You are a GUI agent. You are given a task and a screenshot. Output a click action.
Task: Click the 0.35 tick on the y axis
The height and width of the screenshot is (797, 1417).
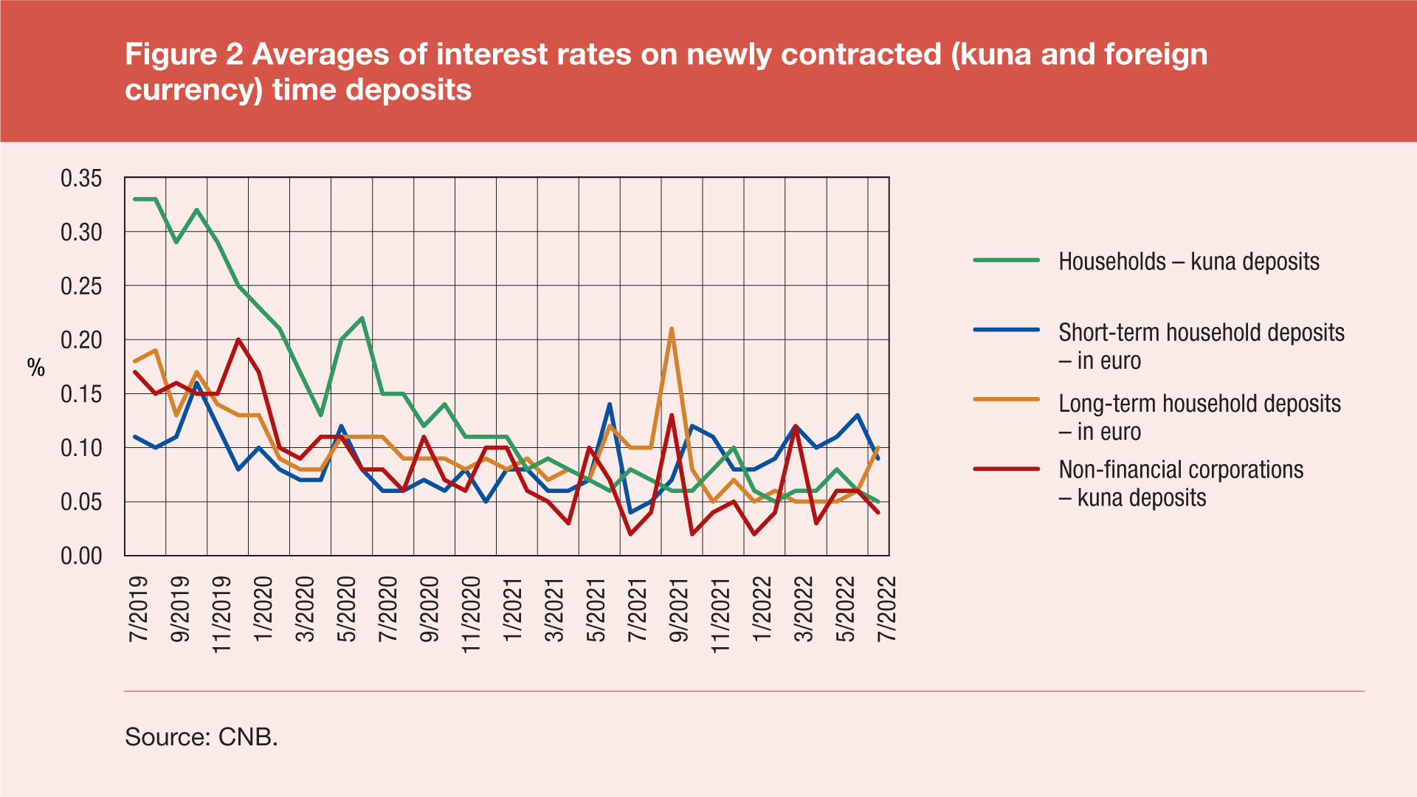(x=81, y=179)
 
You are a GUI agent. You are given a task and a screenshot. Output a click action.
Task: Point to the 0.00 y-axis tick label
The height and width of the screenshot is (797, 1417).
(x=81, y=556)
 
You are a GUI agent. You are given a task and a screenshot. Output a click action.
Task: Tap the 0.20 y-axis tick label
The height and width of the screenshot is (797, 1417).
(x=81, y=340)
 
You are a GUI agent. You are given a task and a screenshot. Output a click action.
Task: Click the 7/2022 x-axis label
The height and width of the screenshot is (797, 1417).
(x=886, y=610)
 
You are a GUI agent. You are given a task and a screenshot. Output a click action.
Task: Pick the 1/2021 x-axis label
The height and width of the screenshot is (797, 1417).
(x=512, y=610)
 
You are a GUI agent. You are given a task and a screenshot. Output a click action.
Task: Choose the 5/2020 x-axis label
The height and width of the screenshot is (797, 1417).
(x=346, y=610)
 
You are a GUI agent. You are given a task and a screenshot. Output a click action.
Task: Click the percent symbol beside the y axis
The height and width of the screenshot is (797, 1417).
(x=36, y=368)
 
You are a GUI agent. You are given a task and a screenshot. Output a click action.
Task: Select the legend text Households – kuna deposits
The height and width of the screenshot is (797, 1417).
(x=1188, y=261)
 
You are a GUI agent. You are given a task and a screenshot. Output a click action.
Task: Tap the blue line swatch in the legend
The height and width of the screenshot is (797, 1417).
(x=1006, y=330)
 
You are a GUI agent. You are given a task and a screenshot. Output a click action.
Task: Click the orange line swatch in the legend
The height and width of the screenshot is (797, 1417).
(x=1006, y=399)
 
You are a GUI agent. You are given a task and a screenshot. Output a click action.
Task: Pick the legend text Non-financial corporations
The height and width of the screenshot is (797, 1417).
(x=1181, y=470)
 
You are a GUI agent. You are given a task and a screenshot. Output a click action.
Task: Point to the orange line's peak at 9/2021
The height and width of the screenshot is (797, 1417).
(x=671, y=329)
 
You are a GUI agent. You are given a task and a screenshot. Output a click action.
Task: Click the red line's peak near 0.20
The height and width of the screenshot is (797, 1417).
(x=238, y=339)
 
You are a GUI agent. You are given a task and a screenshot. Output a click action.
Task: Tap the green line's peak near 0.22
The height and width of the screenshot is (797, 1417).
(x=362, y=318)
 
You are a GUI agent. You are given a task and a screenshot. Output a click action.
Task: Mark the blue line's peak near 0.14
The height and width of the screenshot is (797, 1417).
(x=610, y=404)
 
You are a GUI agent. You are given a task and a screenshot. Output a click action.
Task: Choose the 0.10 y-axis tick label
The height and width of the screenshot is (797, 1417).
(x=81, y=448)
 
